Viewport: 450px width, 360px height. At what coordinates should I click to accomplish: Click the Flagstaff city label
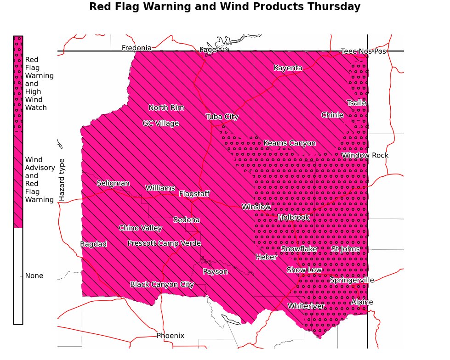(194, 194)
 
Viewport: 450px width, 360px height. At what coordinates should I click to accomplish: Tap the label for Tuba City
(222, 117)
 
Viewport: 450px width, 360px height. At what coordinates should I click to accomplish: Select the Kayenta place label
(288, 68)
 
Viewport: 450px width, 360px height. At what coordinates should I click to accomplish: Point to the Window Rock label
(365, 155)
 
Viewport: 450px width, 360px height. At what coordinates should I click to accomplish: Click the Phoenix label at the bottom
(170, 336)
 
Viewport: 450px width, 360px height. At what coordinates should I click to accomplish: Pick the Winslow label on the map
(256, 207)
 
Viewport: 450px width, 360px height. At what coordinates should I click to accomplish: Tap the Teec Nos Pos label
(363, 51)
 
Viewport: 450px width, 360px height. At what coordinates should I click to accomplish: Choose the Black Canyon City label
(162, 284)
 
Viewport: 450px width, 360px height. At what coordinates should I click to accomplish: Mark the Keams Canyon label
(289, 143)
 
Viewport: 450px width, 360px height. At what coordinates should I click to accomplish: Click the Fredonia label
(137, 48)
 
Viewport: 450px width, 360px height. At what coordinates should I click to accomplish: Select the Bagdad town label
(93, 244)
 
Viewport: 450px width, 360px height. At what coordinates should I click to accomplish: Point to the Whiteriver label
(306, 306)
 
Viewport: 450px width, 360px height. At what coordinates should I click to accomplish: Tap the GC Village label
(160, 123)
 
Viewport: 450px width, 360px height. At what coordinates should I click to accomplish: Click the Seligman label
(113, 183)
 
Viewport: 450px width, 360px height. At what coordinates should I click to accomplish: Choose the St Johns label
(346, 249)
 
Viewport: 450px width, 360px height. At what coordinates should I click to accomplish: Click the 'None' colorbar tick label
(34, 276)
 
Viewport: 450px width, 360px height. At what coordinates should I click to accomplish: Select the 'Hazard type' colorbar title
(63, 180)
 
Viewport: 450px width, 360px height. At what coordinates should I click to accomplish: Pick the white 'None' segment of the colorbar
(18, 276)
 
